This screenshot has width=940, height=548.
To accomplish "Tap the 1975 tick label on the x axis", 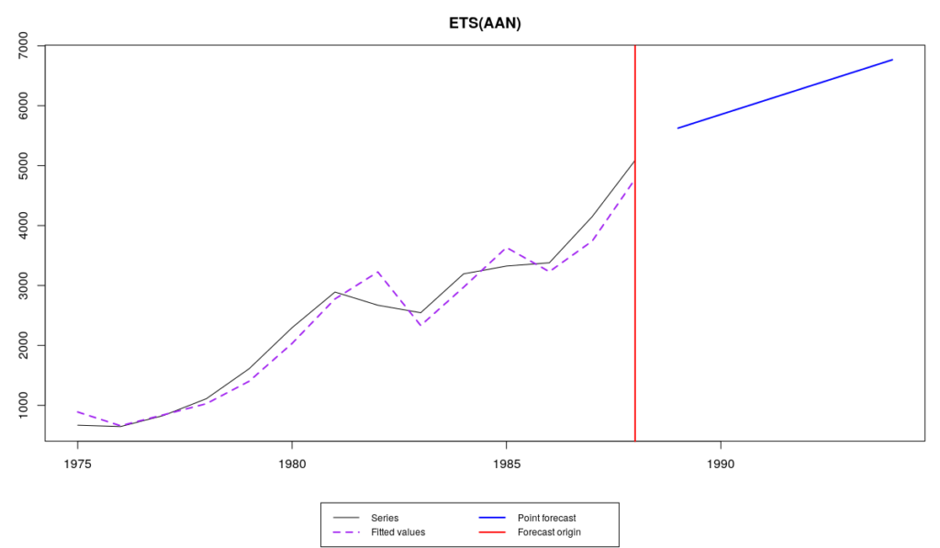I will (x=78, y=465).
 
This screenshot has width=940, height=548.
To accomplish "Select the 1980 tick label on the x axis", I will (x=292, y=465).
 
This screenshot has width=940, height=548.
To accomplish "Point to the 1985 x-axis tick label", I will (x=506, y=465).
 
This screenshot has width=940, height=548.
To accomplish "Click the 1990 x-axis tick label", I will (x=721, y=465).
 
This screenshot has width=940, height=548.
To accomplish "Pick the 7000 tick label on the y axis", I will (x=25, y=46).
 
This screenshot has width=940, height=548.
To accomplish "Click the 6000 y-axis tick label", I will (x=25, y=106).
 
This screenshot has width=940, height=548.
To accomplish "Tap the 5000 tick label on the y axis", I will (x=25, y=165).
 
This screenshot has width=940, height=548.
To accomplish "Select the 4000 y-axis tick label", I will (x=25, y=226).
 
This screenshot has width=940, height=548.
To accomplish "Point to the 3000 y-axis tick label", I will (x=25, y=285).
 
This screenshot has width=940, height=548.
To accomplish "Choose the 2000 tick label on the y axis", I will (x=25, y=345).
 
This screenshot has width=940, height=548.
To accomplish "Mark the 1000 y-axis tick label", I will (x=25, y=405).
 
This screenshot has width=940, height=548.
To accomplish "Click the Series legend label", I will (x=385, y=518).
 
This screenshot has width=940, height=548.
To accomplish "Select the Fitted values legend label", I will (x=397, y=531).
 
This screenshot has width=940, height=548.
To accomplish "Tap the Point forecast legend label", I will (x=546, y=518).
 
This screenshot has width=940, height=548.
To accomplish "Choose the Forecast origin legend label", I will (x=549, y=531).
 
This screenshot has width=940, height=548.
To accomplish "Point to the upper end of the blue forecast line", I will (x=892, y=60).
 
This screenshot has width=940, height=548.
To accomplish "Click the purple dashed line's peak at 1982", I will (x=377, y=271).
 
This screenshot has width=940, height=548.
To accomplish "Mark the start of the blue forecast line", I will (x=677, y=128).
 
